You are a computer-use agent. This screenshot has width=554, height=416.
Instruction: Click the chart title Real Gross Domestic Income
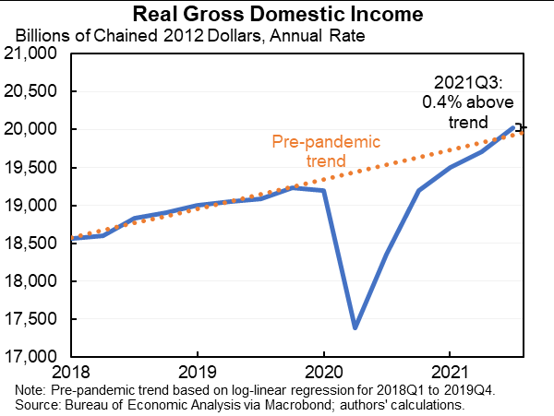coord(278,14)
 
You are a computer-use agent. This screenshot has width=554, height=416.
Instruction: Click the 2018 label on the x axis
coord(71,374)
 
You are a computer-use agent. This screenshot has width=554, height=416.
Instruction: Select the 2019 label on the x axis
coord(197,374)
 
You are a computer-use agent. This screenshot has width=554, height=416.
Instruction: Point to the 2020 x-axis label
coord(323,374)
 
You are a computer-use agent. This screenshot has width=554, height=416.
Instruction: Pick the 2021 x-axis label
coord(449,374)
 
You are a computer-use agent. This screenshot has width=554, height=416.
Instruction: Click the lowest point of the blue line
coord(355,327)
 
